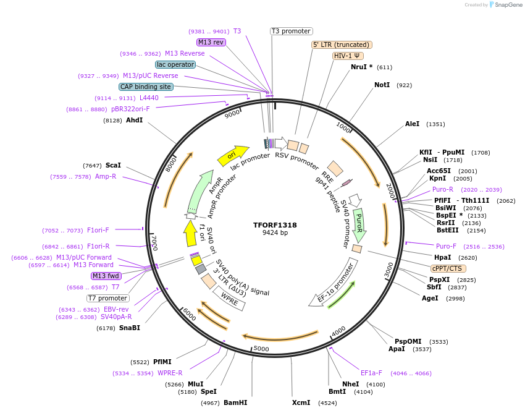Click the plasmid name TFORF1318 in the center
click(275, 225)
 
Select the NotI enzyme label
click(382, 85)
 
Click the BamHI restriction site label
click(235, 402)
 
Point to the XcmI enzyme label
click(301, 402)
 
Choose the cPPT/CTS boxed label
click(448, 268)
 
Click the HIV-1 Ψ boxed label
click(348, 56)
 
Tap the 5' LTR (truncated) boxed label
click(341, 45)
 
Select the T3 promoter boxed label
click(292, 31)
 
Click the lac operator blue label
click(175, 64)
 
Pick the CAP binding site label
click(146, 87)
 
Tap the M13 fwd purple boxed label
click(105, 276)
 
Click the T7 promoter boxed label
click(107, 298)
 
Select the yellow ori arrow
click(232, 155)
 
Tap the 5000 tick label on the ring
click(262, 349)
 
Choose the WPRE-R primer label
click(170, 373)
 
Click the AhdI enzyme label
click(134, 120)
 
